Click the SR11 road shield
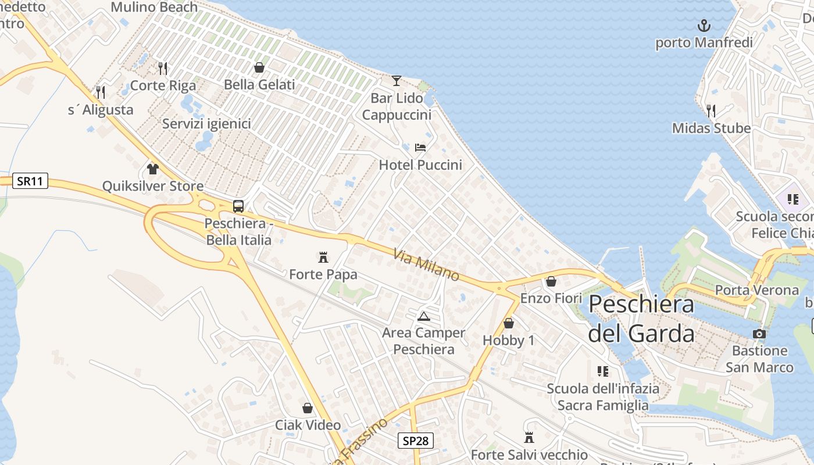click(x=30, y=181)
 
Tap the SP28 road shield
click(x=416, y=441)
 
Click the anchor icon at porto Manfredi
click(x=704, y=26)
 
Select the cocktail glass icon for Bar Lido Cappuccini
click(x=397, y=81)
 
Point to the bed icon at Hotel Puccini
click(x=420, y=148)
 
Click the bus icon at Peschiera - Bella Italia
click(x=238, y=206)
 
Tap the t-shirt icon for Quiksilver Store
click(x=153, y=169)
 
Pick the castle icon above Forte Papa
click(x=323, y=257)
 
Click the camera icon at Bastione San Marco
click(x=759, y=334)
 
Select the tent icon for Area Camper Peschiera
click(x=423, y=316)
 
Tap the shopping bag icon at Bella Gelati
click(x=259, y=67)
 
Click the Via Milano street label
click(x=426, y=265)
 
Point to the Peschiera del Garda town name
click(x=641, y=319)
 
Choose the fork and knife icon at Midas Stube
click(x=711, y=110)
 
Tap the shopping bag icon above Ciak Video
click(x=308, y=408)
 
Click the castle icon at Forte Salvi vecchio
click(x=529, y=437)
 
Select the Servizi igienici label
click(x=206, y=124)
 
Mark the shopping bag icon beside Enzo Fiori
click(x=551, y=282)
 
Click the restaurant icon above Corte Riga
click(x=163, y=69)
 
